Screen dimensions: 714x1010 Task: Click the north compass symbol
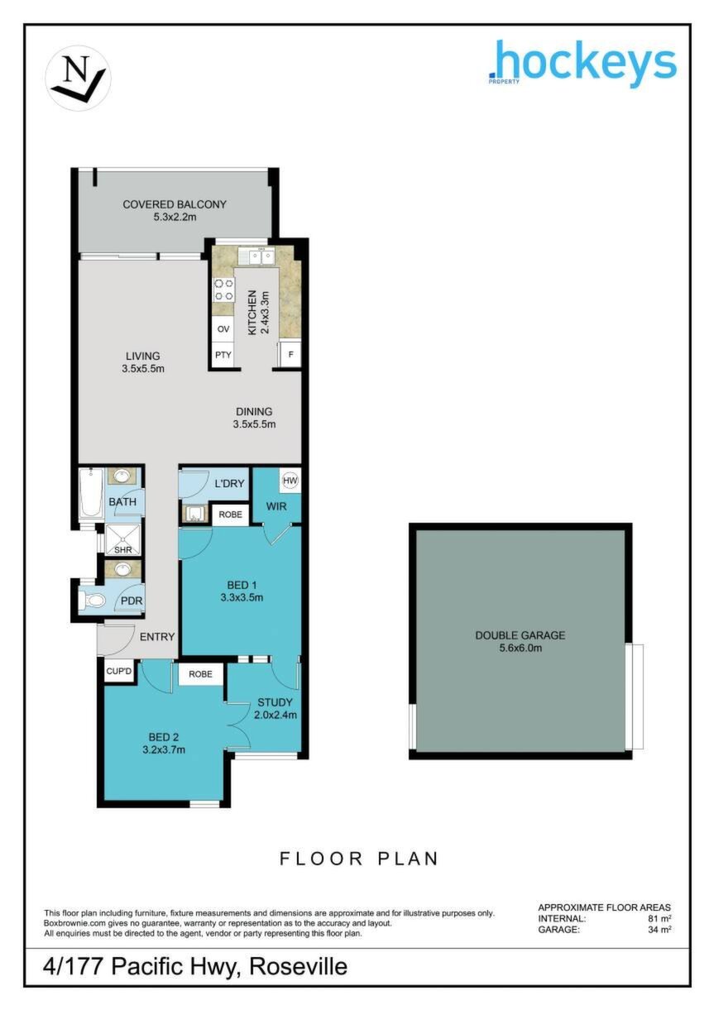pyautogui.click(x=79, y=77)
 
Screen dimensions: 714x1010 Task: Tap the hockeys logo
pyautogui.click(x=582, y=64)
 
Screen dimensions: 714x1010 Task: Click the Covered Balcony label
pyautogui.click(x=175, y=204)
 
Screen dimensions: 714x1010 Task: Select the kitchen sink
pyautogui.click(x=256, y=257)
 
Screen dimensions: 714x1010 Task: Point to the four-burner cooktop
pyautogui.click(x=223, y=290)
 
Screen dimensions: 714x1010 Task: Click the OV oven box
pyautogui.click(x=223, y=328)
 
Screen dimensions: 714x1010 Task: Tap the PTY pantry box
pyautogui.click(x=223, y=355)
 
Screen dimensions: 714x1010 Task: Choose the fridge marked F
pyautogui.click(x=290, y=354)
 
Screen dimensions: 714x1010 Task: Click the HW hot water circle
pyautogui.click(x=290, y=481)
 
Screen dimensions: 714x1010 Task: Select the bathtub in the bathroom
pyautogui.click(x=92, y=494)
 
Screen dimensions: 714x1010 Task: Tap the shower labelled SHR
pyautogui.click(x=122, y=539)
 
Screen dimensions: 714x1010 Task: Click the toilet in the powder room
pyautogui.click(x=92, y=601)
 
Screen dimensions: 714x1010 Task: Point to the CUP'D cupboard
pyautogui.click(x=118, y=672)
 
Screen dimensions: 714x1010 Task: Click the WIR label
pyautogui.click(x=276, y=506)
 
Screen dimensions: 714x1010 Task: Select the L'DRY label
pyautogui.click(x=229, y=484)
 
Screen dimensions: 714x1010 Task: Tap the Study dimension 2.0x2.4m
pyautogui.click(x=276, y=715)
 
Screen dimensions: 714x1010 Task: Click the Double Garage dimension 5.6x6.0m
pyautogui.click(x=520, y=648)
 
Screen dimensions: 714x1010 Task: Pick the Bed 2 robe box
pyautogui.click(x=201, y=673)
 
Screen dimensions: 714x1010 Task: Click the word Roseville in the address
pyautogui.click(x=299, y=966)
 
